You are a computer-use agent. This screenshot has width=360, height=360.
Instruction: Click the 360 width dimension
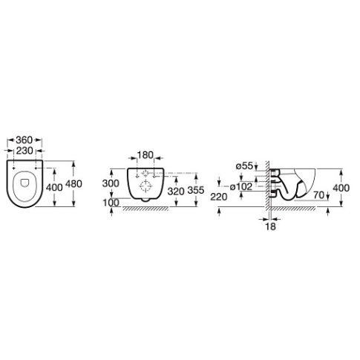click(24, 140)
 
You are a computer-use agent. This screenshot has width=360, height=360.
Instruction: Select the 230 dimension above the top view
click(24, 151)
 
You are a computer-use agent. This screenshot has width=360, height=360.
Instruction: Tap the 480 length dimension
click(73, 184)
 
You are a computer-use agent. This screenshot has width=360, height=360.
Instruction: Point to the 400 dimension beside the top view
click(54, 187)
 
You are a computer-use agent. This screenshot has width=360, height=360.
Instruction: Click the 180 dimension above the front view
click(145, 155)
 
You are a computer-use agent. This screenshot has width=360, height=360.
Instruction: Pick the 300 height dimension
click(111, 183)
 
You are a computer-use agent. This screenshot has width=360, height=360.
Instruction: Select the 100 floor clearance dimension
click(111, 203)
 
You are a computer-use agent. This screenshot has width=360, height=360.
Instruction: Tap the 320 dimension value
click(176, 191)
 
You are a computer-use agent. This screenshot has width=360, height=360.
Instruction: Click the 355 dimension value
click(196, 190)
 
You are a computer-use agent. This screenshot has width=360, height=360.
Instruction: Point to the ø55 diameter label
click(244, 166)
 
